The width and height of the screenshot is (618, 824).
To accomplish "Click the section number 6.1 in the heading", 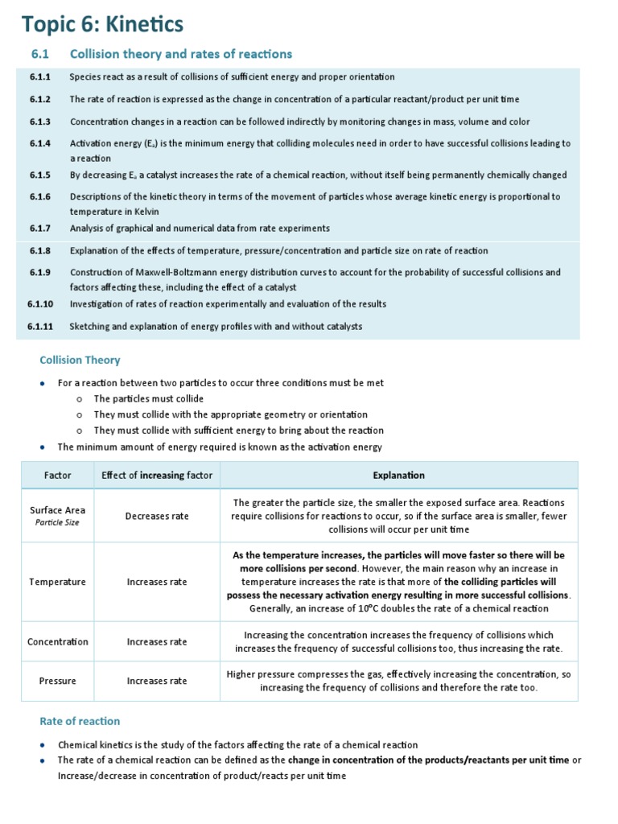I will coord(40,54).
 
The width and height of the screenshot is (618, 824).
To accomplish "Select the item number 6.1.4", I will coord(40,143).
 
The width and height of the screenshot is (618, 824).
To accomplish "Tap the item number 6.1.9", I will coord(40,273).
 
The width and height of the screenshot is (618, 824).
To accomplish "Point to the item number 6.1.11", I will coord(40,327).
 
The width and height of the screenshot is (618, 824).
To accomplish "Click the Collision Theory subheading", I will coord(80,360).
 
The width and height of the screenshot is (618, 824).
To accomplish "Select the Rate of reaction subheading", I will coord(80,721).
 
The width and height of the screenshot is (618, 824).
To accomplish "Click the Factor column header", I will coord(58,476).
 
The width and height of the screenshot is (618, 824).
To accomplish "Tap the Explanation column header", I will coord(398,476).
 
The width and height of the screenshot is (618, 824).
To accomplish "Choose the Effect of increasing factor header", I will coord(157,476).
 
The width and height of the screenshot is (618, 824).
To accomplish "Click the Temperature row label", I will coord(58,582).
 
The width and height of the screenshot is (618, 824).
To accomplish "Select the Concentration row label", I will coord(58,642).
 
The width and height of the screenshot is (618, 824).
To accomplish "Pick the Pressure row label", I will coord(58,681).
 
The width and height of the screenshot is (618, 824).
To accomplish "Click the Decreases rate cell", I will coord(157,516).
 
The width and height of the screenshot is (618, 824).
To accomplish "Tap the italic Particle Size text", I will coord(58,522).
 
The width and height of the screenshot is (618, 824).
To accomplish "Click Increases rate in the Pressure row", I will coord(157,681).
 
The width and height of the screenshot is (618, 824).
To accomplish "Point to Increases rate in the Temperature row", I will coord(157,582).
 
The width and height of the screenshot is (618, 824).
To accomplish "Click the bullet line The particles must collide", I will coord(148,399).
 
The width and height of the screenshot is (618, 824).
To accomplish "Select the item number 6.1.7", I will coord(40,229).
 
